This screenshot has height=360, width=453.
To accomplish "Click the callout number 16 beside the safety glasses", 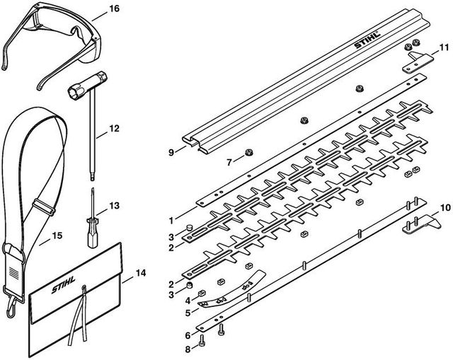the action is coord(114,8).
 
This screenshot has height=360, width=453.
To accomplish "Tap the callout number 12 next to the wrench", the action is coord(115,129).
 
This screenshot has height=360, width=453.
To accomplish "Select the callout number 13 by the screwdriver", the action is coord(115,206).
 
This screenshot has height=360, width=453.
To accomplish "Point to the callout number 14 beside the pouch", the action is coord(141,273).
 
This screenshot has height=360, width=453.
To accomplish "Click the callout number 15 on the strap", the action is coord(57,236).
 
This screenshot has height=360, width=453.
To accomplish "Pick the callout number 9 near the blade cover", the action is coord(171,153).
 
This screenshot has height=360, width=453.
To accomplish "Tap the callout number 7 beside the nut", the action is coord(229,163).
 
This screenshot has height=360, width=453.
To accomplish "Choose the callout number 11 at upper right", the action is coord(444,47).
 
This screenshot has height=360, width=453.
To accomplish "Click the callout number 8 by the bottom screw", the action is coord(188,349).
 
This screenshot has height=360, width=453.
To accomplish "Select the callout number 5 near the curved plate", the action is coord(188,313).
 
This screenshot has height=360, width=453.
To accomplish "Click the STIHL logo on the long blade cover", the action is coord(367,40).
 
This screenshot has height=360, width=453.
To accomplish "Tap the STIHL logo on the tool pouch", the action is coord(64,284).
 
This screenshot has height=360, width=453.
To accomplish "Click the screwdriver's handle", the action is coord(93,237).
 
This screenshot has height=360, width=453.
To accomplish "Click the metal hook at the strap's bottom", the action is coord(11,306).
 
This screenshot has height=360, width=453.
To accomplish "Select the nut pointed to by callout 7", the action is coord(248,152).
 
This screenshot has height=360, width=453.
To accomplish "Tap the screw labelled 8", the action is coord(201,341).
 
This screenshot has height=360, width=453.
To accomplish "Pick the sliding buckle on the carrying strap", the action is coord(44,207).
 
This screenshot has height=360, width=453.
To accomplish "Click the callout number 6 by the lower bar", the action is coord(188,335).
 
